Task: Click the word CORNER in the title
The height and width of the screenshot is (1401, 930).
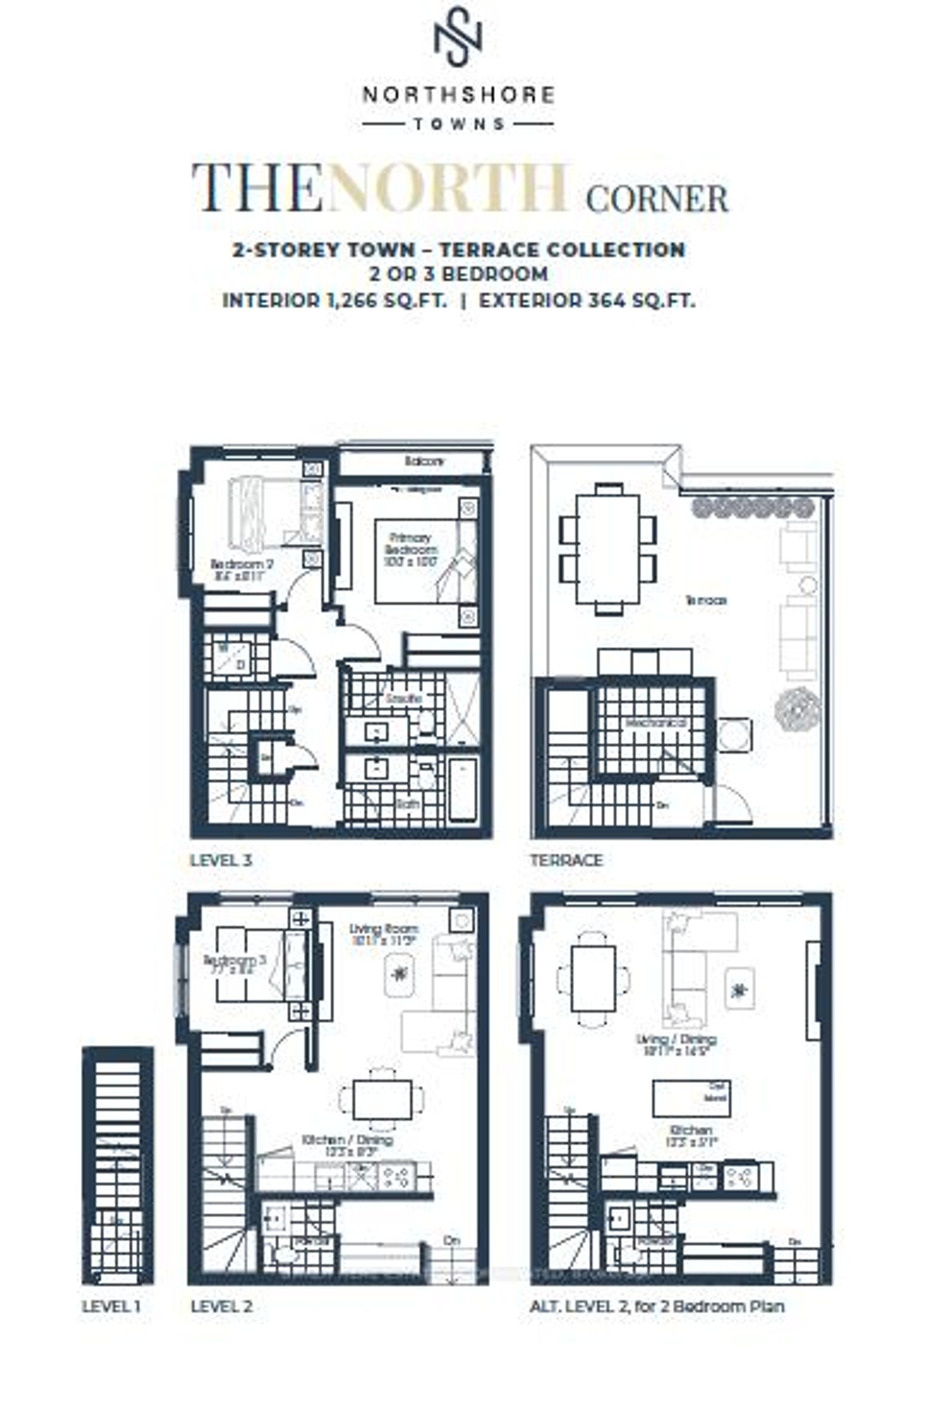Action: click(x=657, y=198)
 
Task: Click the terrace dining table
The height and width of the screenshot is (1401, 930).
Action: click(x=607, y=549)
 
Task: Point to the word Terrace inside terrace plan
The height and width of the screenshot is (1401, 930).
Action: click(x=706, y=600)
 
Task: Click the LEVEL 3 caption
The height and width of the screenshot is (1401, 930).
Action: click(x=221, y=860)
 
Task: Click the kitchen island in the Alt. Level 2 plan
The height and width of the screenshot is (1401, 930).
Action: click(x=691, y=1098)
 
